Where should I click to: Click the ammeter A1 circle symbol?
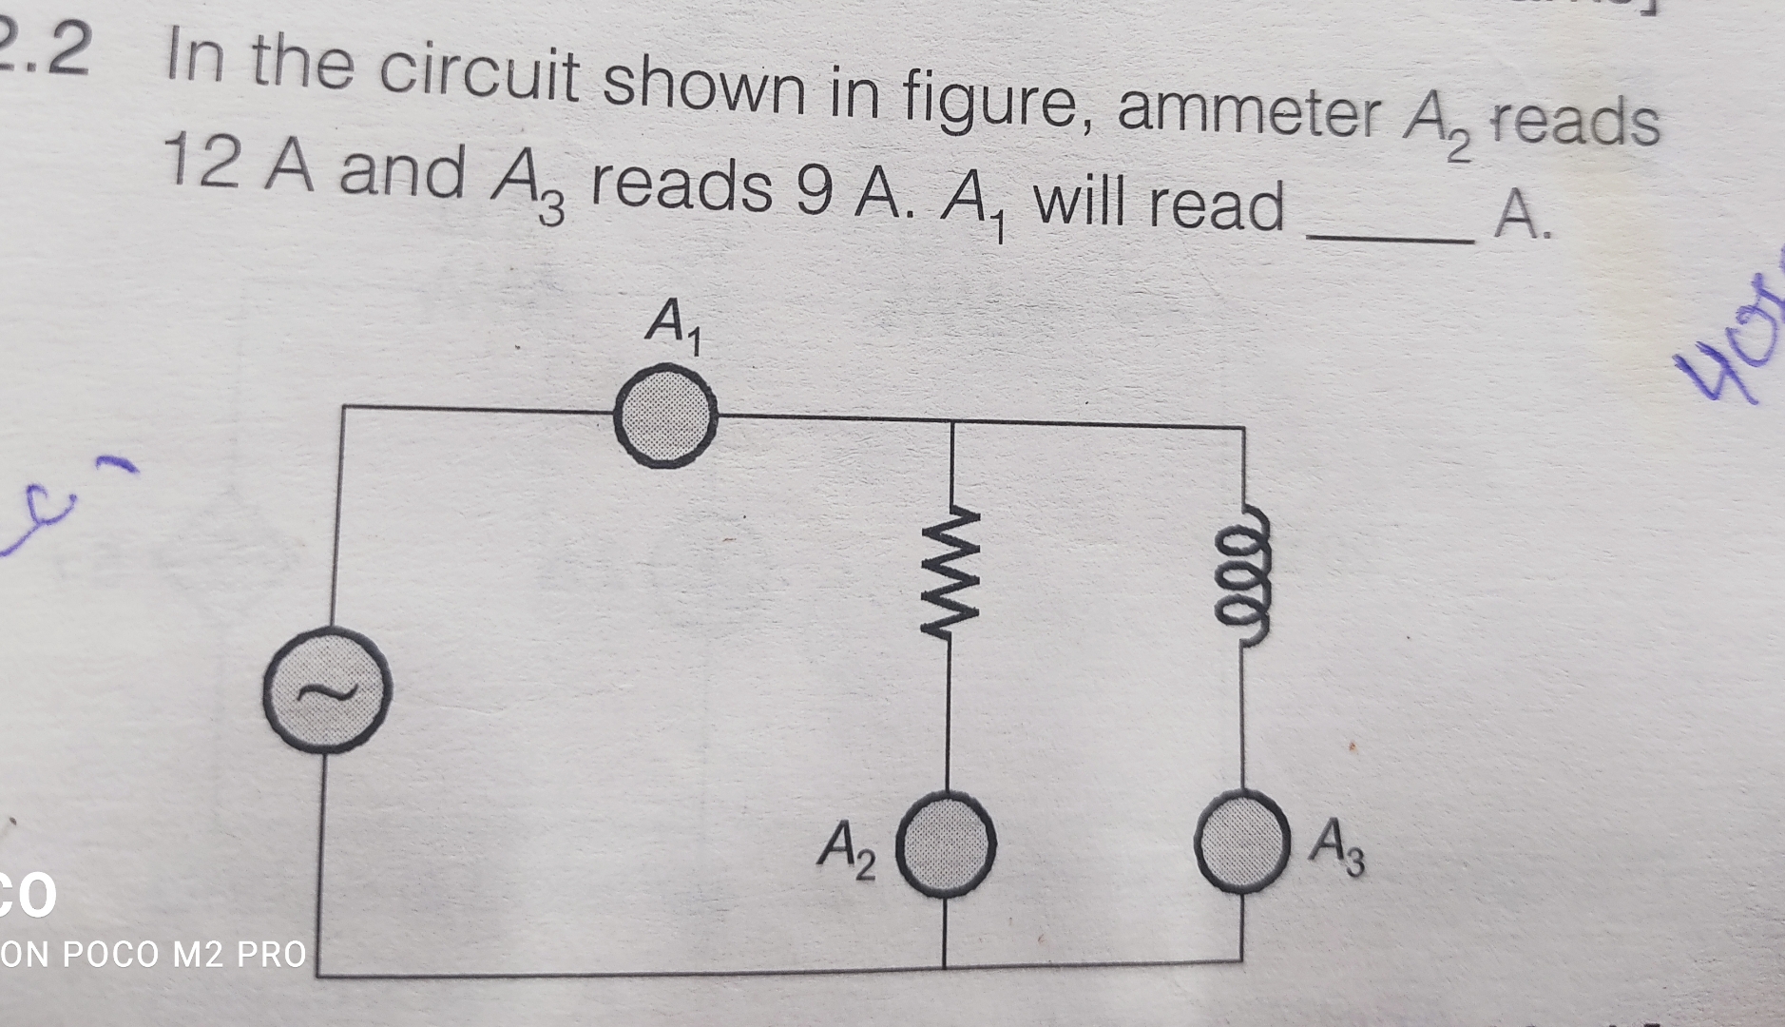(x=664, y=417)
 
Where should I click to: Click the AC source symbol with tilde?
(x=326, y=689)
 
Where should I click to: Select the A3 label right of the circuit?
(x=1336, y=850)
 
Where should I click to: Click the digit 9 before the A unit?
(x=814, y=190)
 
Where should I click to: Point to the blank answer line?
(x=1390, y=239)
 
